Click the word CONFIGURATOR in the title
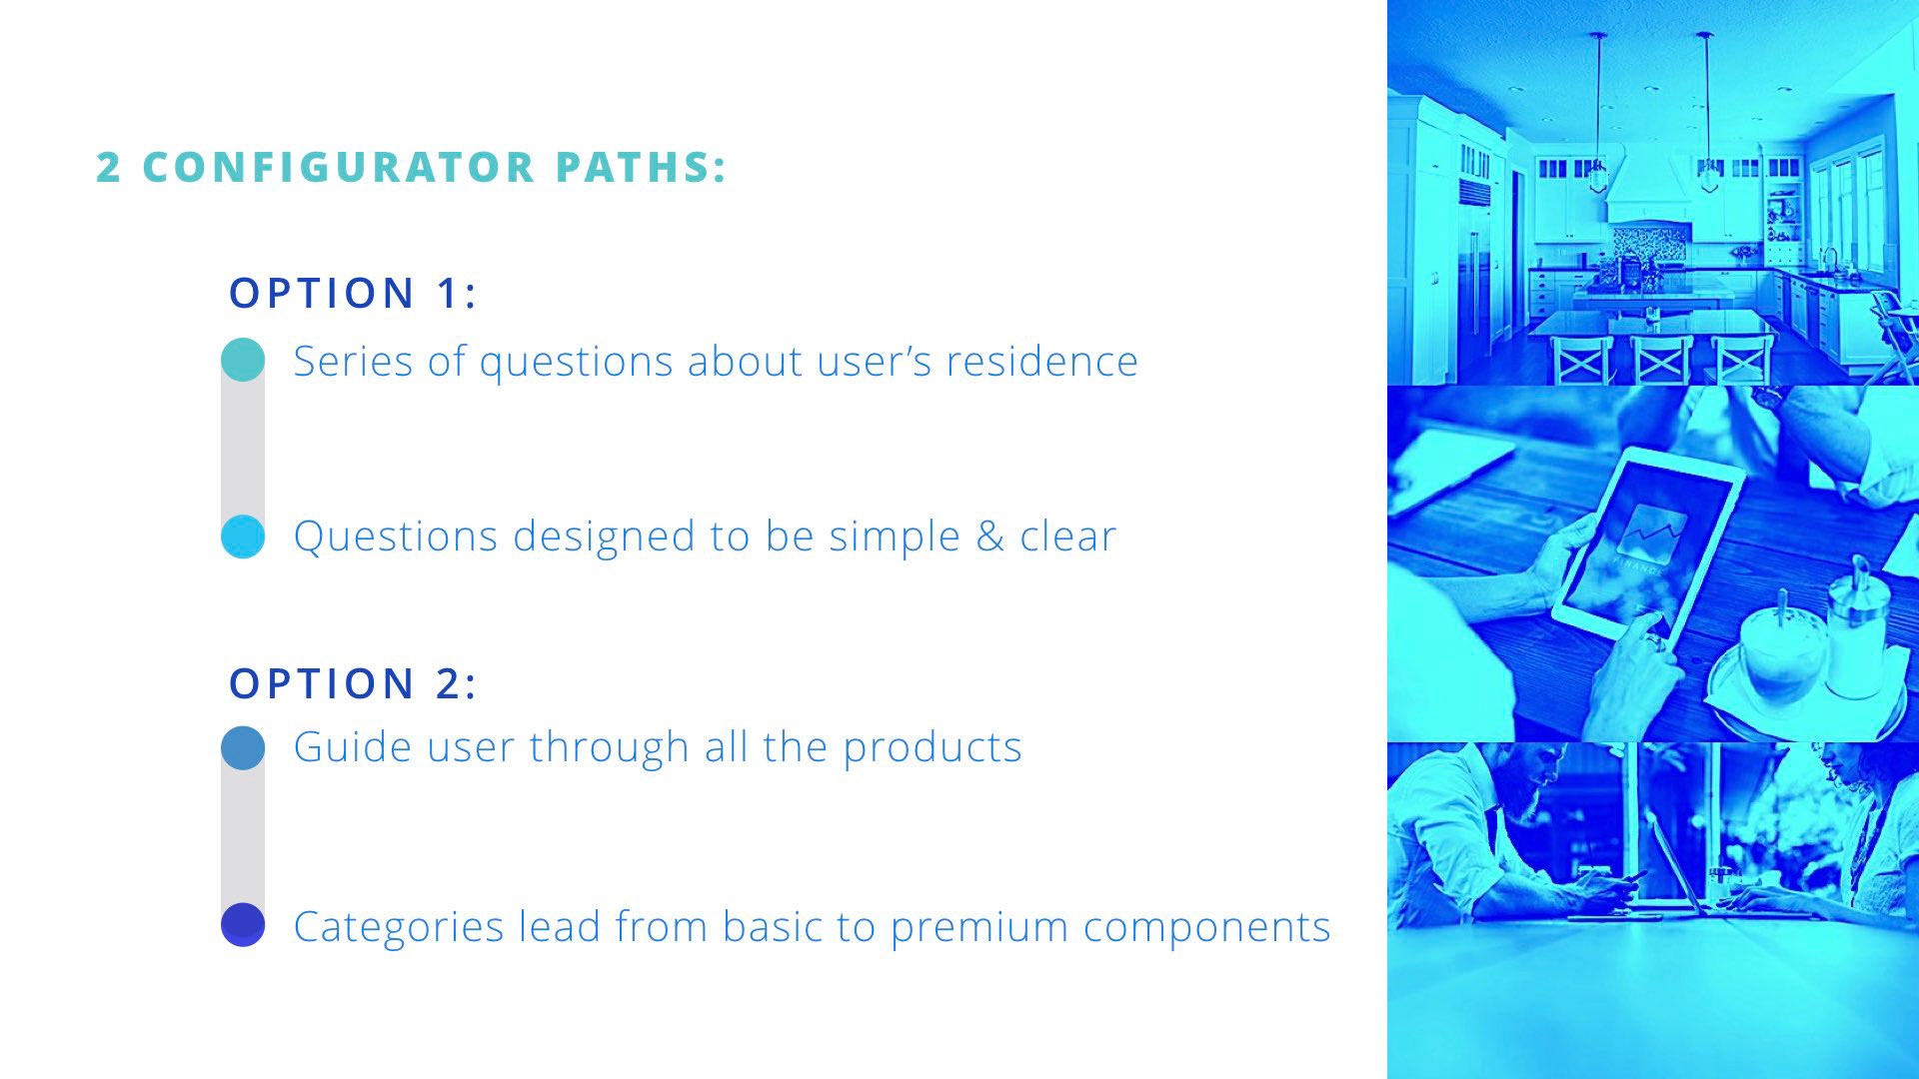point(339,167)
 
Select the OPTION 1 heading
point(353,293)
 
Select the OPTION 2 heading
point(353,683)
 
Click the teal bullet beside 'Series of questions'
point(243,360)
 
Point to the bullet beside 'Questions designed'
point(243,537)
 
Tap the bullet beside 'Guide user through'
point(243,747)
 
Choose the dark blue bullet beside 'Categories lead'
point(243,924)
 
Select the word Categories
point(398,927)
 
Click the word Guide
point(352,747)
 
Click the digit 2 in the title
point(108,167)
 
